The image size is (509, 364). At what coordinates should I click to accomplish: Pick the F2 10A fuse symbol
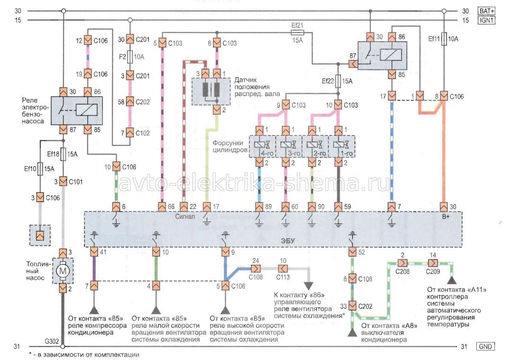(x=130, y=57)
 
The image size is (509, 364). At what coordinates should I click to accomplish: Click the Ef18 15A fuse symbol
(x=63, y=153)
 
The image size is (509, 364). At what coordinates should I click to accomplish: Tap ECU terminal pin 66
(x=162, y=207)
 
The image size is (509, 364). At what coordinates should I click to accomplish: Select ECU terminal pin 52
(x=352, y=252)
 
